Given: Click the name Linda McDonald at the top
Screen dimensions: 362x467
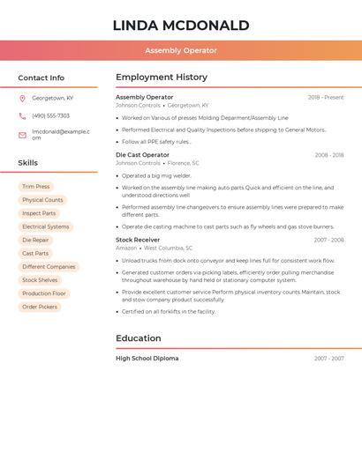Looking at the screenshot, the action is click(x=181, y=26).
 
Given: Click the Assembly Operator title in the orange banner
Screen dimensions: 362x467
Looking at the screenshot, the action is click(x=181, y=50).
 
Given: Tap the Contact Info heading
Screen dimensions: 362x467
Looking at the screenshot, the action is click(x=41, y=78).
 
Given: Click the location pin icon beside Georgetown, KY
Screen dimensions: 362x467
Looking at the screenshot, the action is click(x=22, y=98).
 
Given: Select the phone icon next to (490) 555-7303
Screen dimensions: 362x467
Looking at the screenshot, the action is click(x=22, y=115).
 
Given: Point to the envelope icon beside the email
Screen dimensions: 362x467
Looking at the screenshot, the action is click(x=22, y=135).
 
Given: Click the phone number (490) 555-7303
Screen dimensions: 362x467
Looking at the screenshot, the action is click(x=50, y=115).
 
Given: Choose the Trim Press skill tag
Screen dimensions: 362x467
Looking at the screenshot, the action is click(x=36, y=187).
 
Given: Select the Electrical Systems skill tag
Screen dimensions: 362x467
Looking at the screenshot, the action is click(x=45, y=226).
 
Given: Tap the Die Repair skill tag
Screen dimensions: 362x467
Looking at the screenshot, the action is click(x=36, y=240).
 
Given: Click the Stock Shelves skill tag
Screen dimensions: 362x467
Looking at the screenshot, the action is click(x=41, y=280).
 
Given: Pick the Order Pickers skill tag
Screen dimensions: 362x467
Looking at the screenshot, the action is click(x=40, y=307).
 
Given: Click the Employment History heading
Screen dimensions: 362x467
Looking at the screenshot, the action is click(x=162, y=78).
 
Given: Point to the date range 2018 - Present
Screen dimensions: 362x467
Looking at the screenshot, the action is click(x=326, y=97).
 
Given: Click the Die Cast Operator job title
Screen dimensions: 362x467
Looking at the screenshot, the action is click(x=142, y=155).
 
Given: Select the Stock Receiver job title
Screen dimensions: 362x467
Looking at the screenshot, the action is click(x=138, y=240).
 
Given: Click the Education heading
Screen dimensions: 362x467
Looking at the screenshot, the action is click(x=139, y=338).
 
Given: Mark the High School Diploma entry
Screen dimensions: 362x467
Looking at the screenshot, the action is click(x=147, y=359).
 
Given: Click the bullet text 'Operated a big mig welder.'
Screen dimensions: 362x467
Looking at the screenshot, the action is click(x=157, y=175).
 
